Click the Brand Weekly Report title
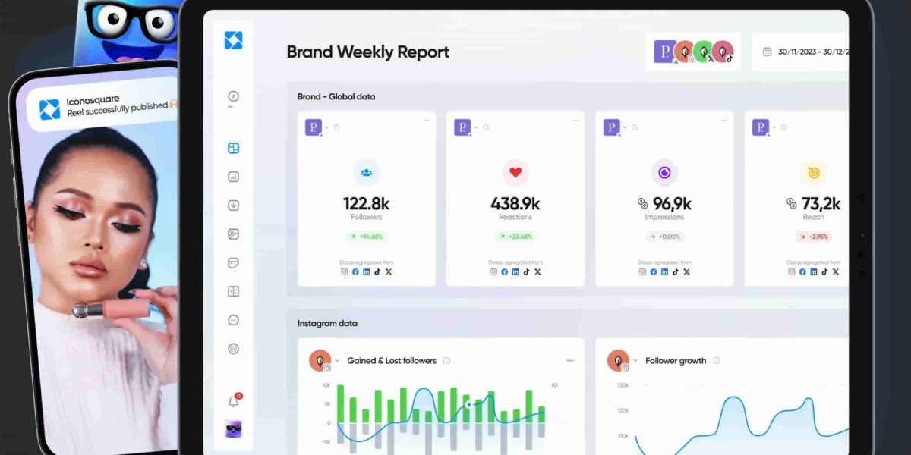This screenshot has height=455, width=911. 367,52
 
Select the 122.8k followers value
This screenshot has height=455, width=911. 366,203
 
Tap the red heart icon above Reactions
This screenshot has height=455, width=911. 515,173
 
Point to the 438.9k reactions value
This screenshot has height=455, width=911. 515,203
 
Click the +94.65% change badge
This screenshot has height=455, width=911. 366,237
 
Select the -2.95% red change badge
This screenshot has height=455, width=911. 813,237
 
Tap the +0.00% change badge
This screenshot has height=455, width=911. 664,237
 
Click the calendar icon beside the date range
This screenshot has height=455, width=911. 767,52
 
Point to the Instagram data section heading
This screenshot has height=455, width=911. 327,323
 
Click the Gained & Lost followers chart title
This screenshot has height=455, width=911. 392,361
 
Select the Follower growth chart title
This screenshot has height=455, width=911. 676,361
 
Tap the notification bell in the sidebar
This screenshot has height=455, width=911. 234,401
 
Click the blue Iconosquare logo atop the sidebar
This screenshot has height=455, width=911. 233,40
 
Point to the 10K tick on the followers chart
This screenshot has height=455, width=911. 326,385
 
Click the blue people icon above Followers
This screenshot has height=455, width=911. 366,173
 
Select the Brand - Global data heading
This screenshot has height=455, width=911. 336,96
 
